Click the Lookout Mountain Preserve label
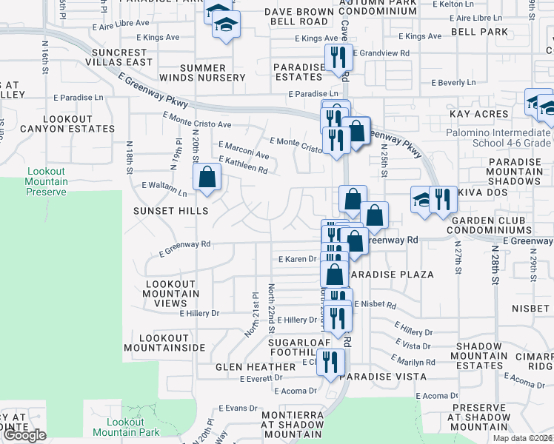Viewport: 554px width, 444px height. pos(46,181)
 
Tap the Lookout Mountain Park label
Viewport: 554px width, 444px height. pos(127,426)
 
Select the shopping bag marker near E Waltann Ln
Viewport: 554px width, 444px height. pos(207,178)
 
